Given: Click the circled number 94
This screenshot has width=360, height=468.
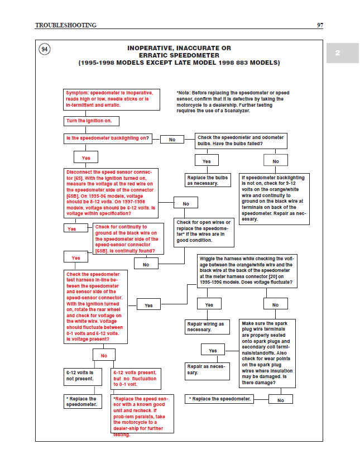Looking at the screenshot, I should pyautogui.click(x=45, y=50).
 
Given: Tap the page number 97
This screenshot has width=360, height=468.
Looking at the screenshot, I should pyautogui.click(x=320, y=25).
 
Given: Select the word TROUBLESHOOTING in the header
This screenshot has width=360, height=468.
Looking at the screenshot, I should pyautogui.click(x=66, y=25).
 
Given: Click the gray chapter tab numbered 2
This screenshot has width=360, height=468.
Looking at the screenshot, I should pyautogui.click(x=337, y=53).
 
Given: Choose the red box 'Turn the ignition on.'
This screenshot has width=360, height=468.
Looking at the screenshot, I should pyautogui.click(x=92, y=121).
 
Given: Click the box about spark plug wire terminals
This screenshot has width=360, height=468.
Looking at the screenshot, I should pyautogui.click(x=267, y=354).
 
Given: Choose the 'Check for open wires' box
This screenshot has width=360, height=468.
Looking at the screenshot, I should pyautogui.click(x=203, y=231).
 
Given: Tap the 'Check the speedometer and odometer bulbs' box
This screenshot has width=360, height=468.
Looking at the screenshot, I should pyautogui.click(x=241, y=141).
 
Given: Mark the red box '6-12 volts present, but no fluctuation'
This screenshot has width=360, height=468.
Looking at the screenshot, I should pyautogui.click(x=136, y=378).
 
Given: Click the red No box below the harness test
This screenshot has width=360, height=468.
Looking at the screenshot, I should pyautogui.click(x=104, y=355).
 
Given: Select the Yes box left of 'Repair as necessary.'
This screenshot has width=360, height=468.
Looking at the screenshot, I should pyautogui.click(x=213, y=350).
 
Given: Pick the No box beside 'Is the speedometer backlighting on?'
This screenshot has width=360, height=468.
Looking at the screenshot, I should pyautogui.click(x=172, y=140).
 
